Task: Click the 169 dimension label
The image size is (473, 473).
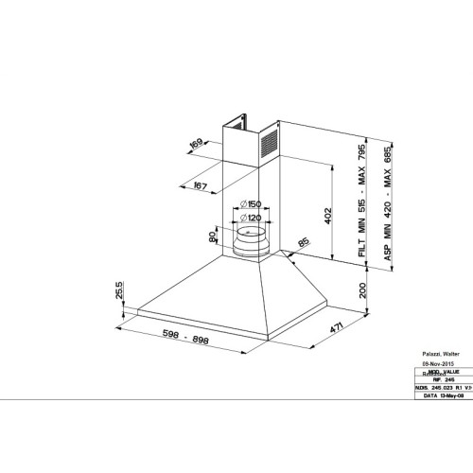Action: (x=197, y=144)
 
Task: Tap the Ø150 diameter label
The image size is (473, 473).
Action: (x=250, y=205)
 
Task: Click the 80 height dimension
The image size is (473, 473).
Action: (x=213, y=239)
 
